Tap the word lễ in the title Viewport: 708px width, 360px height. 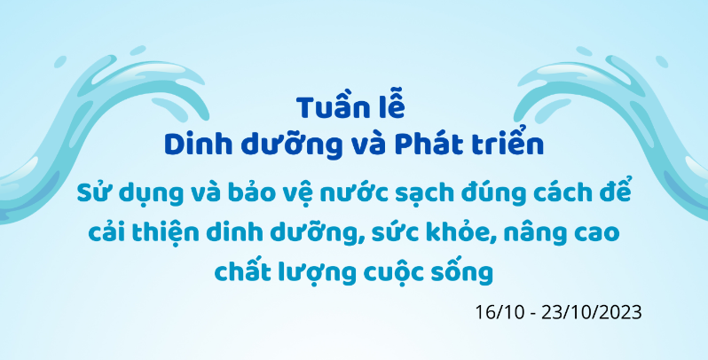(x=391, y=107)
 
